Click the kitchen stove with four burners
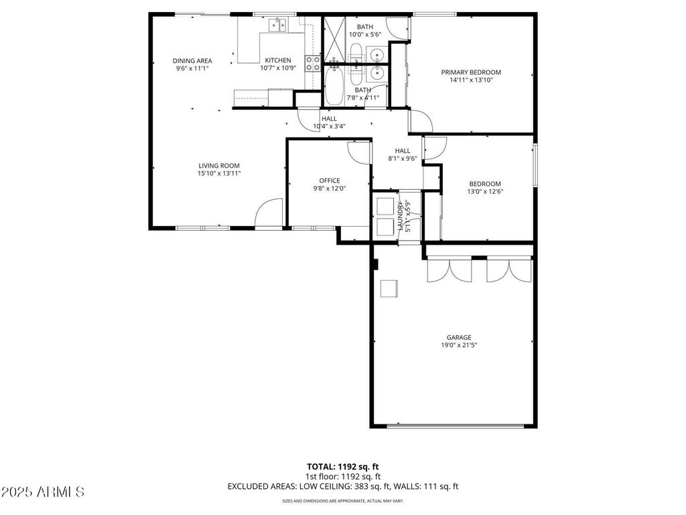pos(313,63)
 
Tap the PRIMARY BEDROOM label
pos(470,72)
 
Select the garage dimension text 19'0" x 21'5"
pos(459,345)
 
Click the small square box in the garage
pos(389,288)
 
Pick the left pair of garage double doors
pos(450,270)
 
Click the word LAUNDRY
pos(401,216)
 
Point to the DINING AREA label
pos(192,60)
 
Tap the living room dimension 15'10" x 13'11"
pos(218,173)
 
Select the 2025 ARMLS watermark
pos(43,492)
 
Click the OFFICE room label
pos(329,180)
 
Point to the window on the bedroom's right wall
pos(535,165)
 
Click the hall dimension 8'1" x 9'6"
pos(402,159)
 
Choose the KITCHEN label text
pos(277,60)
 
